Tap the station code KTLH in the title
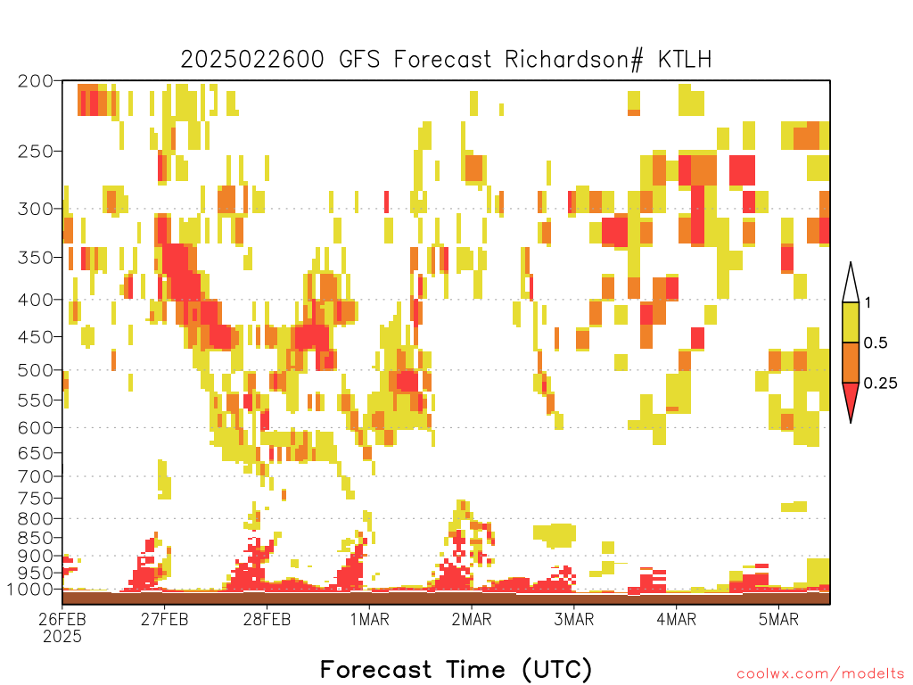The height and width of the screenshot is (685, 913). [x=685, y=60]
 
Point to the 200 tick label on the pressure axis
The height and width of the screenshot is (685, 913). [x=36, y=81]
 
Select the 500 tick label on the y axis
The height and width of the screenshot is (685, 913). [x=36, y=370]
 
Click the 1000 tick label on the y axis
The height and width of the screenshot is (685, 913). [x=31, y=589]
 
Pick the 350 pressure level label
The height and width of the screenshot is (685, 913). [x=36, y=258]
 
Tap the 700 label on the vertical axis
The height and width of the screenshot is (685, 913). [x=36, y=476]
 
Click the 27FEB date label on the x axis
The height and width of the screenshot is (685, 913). [x=164, y=619]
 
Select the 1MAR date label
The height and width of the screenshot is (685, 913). [x=369, y=619]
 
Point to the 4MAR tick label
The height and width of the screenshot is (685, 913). [x=676, y=619]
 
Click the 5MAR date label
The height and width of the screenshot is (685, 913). [x=778, y=619]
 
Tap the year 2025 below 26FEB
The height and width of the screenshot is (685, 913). [x=62, y=636]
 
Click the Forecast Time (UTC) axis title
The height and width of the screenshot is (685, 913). [x=456, y=669]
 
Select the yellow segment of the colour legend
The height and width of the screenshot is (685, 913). [x=851, y=322]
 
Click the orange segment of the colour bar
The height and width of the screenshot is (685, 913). [x=851, y=362]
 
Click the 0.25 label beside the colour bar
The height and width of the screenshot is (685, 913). [x=880, y=384]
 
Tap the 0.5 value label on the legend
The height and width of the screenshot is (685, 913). [x=876, y=343]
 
